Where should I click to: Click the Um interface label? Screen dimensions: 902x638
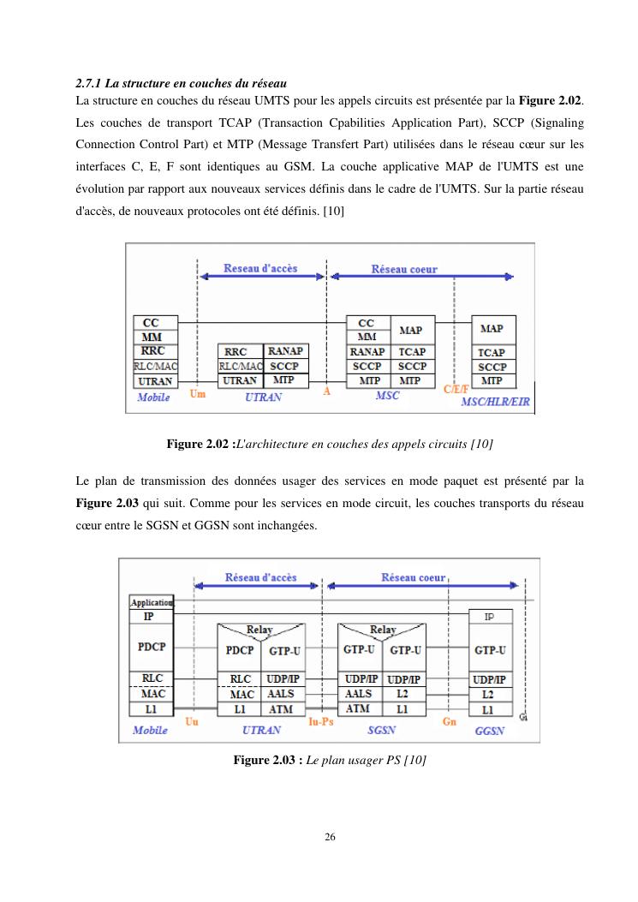197,394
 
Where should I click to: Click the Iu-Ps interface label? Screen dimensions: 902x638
321,722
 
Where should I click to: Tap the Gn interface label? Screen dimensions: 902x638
450,722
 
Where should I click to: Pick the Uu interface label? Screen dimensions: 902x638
193,722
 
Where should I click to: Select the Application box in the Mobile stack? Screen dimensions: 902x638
152,602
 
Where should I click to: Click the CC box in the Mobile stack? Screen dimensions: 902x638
151,323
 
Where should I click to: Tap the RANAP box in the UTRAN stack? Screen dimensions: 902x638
285,351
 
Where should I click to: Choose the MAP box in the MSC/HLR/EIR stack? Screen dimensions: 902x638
492,329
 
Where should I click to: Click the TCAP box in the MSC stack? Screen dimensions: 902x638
411,352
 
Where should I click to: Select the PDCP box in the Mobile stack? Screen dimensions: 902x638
152,647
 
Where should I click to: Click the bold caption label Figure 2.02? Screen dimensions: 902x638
198,444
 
